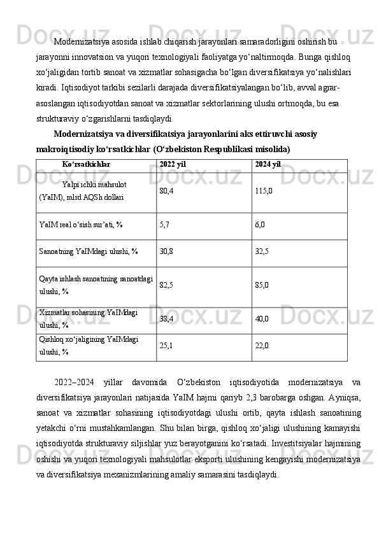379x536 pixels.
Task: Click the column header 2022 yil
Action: point(173,164)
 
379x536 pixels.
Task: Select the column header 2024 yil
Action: point(268,164)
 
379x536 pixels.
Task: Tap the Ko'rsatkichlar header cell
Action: point(86,164)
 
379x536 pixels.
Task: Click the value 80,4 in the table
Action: point(166,190)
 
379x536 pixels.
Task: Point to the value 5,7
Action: point(164,225)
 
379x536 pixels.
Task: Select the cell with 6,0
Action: point(260,225)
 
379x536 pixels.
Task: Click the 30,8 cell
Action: point(166,251)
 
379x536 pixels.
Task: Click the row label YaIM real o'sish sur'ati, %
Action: point(81,225)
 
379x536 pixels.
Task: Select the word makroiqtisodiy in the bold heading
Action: point(66,149)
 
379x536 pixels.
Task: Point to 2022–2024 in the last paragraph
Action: point(74,382)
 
